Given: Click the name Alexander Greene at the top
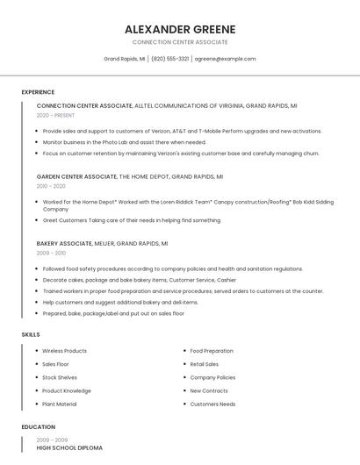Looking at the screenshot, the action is (180, 29).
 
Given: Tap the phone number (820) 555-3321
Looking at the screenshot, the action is (170, 59).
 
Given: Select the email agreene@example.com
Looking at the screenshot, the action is (225, 59).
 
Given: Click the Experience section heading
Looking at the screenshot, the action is (38, 92).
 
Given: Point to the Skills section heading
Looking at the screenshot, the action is (31, 334).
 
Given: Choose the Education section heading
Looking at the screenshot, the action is (38, 427).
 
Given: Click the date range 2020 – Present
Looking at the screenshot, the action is (55, 115).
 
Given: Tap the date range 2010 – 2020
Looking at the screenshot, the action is (51, 186).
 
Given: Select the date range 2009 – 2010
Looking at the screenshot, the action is (51, 253).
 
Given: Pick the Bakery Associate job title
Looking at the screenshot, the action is (64, 243).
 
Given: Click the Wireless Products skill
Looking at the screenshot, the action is (64, 351).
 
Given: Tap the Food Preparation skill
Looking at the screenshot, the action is (212, 351).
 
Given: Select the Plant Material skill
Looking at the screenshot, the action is (59, 404).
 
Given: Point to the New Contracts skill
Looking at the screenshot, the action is (209, 391).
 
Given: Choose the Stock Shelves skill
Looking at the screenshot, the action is (60, 377).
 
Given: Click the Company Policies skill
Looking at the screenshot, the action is (212, 377).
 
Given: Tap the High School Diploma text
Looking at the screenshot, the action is (69, 448).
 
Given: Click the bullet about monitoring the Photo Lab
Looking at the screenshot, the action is (124, 142).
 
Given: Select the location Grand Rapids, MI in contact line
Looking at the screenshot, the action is (125, 59).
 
